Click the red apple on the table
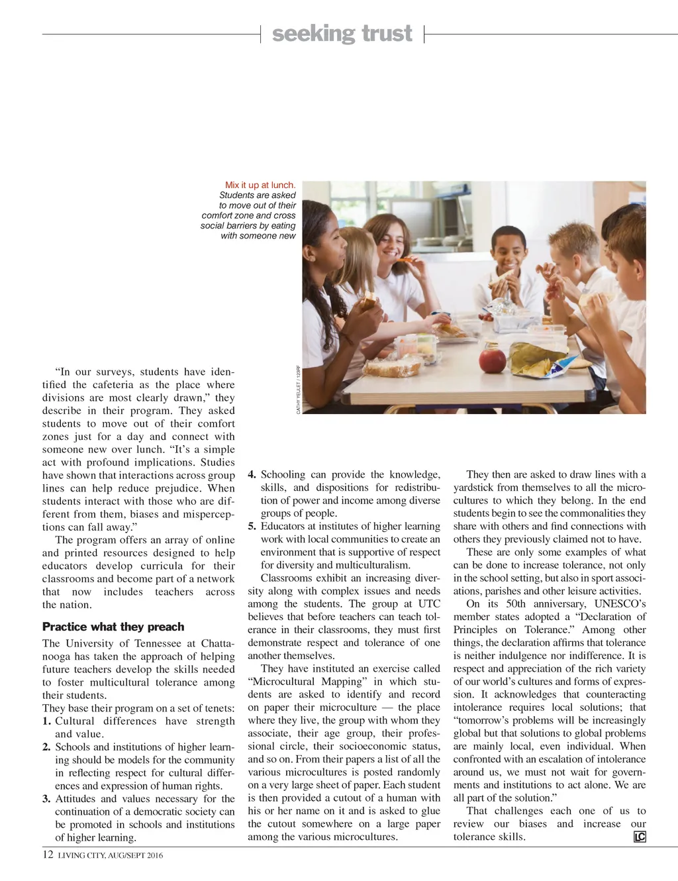493,360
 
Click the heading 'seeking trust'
342,33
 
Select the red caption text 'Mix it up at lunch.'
260,185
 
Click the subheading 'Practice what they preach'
113,627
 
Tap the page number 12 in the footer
48,855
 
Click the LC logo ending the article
640,837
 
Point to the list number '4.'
252,474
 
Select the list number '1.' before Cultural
46,721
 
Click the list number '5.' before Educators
252,526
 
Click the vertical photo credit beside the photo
298,389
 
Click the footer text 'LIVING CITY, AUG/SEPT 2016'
110,855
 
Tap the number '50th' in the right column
505,603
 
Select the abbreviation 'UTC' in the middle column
429,603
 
